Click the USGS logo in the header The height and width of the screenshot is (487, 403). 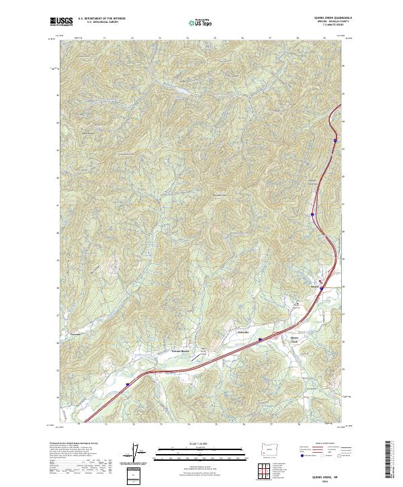(x=62, y=21)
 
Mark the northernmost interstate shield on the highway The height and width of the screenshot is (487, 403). (x=334, y=149)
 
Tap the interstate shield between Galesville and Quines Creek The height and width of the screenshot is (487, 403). (x=259, y=340)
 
